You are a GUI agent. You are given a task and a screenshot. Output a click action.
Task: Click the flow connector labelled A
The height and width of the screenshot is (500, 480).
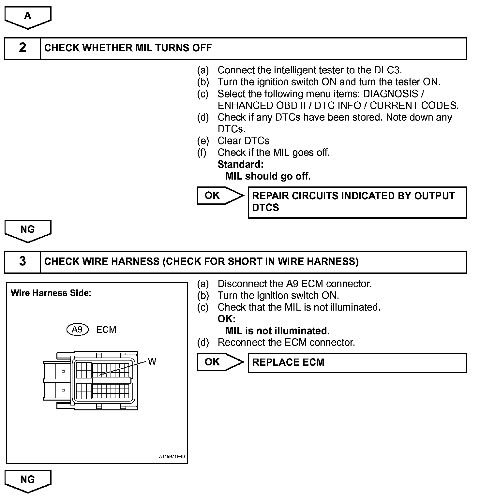point(28,16)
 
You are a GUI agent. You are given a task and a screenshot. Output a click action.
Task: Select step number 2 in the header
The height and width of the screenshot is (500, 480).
point(22,48)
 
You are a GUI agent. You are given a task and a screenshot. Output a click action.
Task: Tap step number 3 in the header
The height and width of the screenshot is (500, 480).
point(22,261)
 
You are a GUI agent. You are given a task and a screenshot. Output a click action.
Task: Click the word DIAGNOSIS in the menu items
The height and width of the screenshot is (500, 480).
point(390,94)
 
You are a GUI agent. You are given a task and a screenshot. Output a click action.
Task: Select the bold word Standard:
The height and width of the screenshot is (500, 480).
point(240,164)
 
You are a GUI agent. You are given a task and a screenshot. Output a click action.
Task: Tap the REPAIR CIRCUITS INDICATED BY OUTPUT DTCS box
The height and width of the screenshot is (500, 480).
point(357,202)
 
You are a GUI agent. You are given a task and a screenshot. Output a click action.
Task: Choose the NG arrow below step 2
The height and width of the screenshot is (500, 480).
point(28,230)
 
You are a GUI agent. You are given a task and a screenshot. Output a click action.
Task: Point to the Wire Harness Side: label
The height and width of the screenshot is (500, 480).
point(51,293)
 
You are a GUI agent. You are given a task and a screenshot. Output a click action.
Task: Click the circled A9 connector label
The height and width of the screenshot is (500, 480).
point(77,330)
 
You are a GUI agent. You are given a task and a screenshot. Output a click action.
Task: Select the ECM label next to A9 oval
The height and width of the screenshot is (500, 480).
point(106,330)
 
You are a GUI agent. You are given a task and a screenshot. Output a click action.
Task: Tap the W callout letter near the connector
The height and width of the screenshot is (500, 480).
point(152,361)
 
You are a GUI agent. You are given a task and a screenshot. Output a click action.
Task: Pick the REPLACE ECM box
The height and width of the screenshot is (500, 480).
point(357,362)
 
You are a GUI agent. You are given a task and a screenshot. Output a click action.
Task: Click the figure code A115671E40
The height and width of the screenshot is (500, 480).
point(172,456)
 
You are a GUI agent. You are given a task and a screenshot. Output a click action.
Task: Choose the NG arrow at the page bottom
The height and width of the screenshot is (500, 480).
point(28,480)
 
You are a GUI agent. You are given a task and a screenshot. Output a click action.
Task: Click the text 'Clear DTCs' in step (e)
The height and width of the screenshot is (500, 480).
point(243,141)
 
